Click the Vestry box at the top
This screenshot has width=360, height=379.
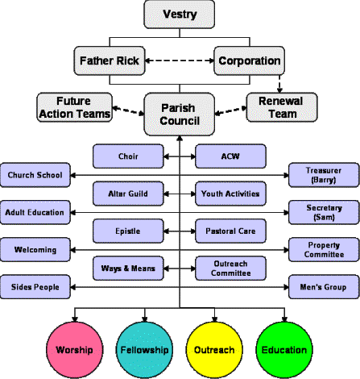(x=180, y=15)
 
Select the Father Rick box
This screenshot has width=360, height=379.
(x=110, y=60)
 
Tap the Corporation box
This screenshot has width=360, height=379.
(x=249, y=60)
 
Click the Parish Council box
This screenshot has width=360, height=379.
(x=180, y=115)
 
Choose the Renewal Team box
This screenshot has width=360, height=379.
(x=282, y=107)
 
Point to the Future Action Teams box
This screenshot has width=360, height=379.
(x=74, y=107)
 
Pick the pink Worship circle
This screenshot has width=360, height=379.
(x=75, y=350)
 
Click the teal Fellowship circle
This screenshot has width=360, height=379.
(x=144, y=350)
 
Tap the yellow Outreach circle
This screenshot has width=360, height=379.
(x=214, y=350)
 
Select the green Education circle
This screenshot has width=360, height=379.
(x=284, y=350)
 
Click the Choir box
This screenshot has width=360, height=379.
(x=128, y=156)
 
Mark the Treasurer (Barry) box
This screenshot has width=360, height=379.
(x=324, y=175)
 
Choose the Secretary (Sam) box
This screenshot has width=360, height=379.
(x=324, y=212)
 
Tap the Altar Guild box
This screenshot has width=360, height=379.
(x=128, y=194)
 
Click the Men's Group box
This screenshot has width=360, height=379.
(x=324, y=287)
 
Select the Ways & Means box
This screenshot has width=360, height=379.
(x=128, y=269)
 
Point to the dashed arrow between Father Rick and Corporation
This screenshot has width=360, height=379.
(x=180, y=60)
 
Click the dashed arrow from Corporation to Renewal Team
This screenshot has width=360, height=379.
(x=279, y=84)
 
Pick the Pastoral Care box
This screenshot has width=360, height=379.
(x=230, y=231)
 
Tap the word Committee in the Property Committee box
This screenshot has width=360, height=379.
(x=324, y=254)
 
